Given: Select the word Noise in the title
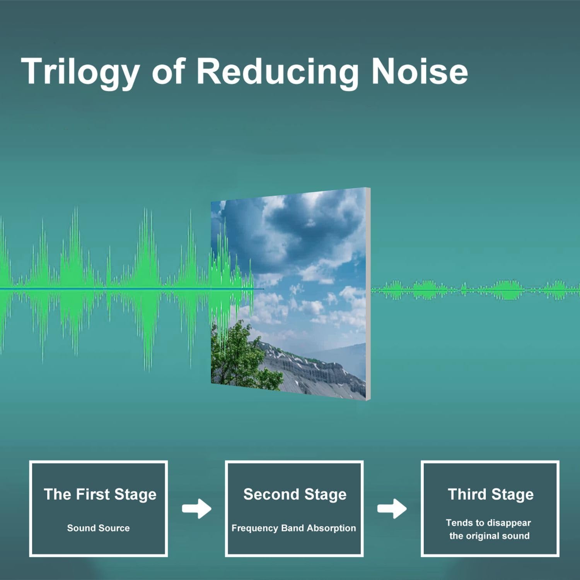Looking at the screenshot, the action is (420, 71).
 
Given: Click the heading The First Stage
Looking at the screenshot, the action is (100, 494).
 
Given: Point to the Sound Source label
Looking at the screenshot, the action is (98, 528).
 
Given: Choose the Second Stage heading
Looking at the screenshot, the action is (295, 494).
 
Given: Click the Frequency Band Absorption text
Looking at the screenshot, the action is (293, 528).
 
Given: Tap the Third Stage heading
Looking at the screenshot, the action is (491, 494).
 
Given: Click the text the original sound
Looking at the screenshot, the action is (489, 536).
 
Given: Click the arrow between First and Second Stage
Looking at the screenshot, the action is (197, 508).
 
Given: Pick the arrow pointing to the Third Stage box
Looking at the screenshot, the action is (392, 508).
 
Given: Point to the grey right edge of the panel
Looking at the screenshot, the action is (368, 294).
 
